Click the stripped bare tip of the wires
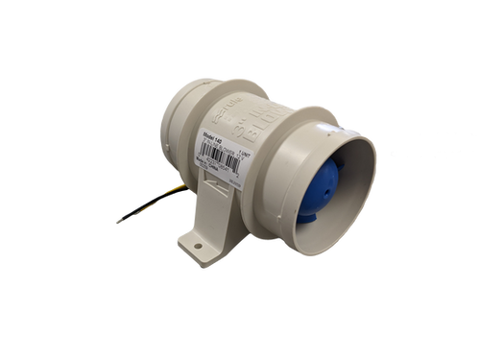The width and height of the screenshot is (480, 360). click(116, 222)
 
